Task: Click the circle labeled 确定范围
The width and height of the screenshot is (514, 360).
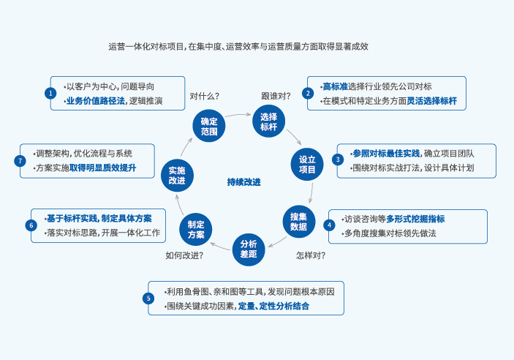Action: point(209,126)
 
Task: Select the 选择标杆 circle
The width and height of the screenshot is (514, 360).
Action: point(268,121)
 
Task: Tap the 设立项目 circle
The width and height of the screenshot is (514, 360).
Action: point(307,165)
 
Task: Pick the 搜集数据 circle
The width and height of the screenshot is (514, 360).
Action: point(298,221)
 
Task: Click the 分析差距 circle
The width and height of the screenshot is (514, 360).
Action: point(249,250)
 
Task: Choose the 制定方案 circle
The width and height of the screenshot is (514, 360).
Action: point(196,230)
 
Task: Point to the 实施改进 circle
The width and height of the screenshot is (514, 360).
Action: point(177,176)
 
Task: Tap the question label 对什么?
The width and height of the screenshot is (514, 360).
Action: point(205,96)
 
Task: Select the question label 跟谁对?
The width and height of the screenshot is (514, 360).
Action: point(276,96)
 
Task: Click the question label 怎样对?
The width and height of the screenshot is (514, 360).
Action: point(311,255)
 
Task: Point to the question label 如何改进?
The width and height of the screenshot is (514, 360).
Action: point(184,255)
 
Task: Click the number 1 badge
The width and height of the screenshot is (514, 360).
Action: point(50,93)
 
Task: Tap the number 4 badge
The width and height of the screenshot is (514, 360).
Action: point(330,225)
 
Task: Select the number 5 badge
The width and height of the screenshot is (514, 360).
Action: point(148,298)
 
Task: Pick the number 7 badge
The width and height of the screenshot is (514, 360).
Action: point(20,160)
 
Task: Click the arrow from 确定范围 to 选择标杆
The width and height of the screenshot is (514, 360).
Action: point(238,114)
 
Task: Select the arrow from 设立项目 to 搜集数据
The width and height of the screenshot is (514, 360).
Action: point(311,192)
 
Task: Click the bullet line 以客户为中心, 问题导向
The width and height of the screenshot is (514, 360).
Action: point(109,86)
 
